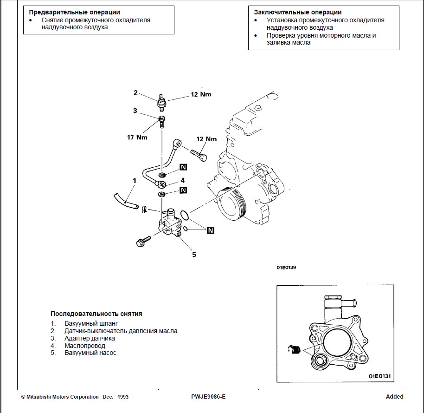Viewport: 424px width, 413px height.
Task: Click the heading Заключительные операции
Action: tap(298, 12)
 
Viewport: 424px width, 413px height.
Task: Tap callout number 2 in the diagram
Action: tap(135, 93)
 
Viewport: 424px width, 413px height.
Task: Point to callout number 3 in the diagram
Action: tap(135, 111)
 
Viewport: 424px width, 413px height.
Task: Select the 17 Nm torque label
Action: tap(137, 138)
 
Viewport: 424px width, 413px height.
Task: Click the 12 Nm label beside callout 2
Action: tap(200, 94)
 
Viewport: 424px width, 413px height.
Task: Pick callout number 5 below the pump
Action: tap(194, 254)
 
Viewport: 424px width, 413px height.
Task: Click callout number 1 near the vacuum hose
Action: tap(134, 180)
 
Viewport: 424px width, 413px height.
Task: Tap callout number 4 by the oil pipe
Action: tap(183, 180)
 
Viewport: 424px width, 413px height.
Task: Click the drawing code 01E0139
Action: tap(286, 268)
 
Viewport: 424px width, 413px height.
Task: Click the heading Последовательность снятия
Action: tap(96, 314)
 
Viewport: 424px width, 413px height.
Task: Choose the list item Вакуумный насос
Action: tap(90, 353)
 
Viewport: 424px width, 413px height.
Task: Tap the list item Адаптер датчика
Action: tap(90, 338)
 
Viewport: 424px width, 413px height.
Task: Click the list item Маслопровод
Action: tap(84, 346)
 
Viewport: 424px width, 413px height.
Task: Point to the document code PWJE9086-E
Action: tap(208, 397)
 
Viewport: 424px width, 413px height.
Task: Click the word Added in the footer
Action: tap(394, 397)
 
